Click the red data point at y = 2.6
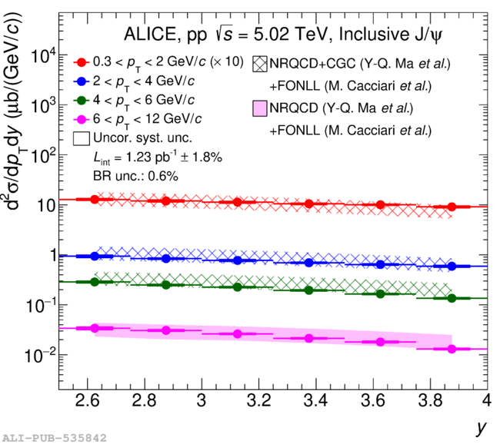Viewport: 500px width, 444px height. coord(95,199)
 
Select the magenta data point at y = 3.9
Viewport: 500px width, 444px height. coord(452,349)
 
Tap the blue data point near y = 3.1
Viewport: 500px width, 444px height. coord(237,260)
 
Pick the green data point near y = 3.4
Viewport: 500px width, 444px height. coord(308,290)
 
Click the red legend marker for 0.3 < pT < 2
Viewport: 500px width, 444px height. coord(79,61)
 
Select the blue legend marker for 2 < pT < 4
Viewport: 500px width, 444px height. coord(79,81)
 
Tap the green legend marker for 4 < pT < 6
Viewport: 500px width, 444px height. coord(79,100)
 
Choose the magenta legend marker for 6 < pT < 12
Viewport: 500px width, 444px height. coord(79,119)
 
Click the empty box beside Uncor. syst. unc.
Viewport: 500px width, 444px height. coord(79,138)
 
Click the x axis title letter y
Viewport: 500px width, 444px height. coord(481,429)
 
